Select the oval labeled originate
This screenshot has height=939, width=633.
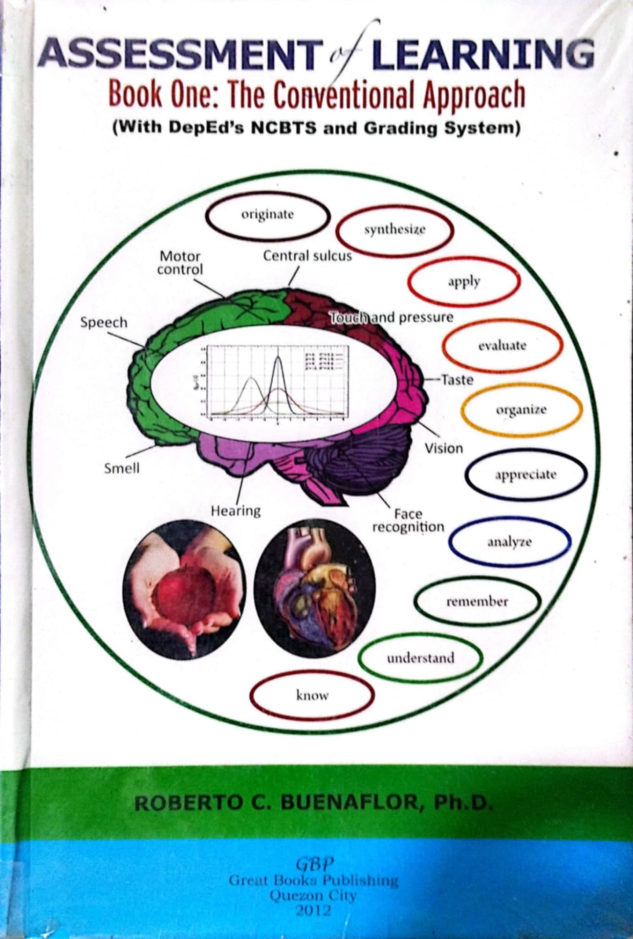[267, 215]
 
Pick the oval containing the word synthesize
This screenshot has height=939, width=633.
[394, 230]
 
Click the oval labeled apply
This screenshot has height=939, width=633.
[463, 282]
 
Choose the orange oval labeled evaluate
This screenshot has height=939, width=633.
[502, 346]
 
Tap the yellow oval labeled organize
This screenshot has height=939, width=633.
[521, 410]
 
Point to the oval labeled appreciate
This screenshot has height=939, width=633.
[525, 475]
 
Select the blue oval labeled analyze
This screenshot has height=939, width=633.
[509, 542]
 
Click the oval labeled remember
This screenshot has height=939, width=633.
[477, 602]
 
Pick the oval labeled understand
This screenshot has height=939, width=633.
[420, 658]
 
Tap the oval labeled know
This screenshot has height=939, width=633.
[312, 695]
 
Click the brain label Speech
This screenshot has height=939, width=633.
[104, 323]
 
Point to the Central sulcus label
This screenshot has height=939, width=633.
[307, 256]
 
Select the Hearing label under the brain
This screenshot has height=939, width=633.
[236, 512]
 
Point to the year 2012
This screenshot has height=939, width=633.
[314, 911]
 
